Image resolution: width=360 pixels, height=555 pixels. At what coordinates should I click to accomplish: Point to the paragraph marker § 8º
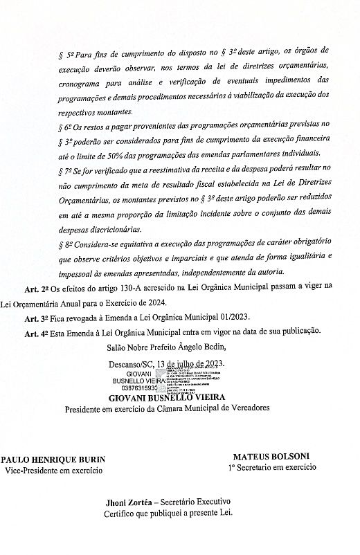[x=66, y=245]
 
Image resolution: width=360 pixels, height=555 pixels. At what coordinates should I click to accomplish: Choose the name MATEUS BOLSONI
[x=271, y=457]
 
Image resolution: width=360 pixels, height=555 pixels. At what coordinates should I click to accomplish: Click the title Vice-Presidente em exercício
[x=53, y=470]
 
